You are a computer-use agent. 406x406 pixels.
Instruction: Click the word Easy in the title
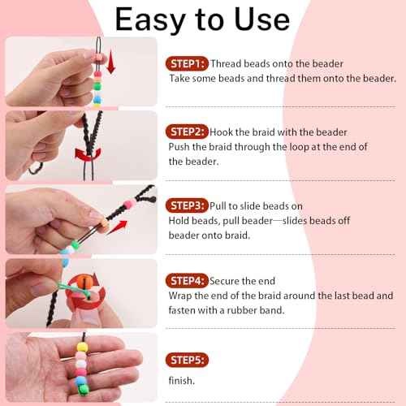(157, 19)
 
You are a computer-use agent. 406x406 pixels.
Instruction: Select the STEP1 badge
(188, 63)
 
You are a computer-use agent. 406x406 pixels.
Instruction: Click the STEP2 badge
(188, 132)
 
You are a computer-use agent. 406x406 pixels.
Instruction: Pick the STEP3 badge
(188, 205)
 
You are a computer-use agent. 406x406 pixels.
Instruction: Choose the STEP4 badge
(188, 281)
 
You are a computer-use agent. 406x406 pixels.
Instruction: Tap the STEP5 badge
(188, 359)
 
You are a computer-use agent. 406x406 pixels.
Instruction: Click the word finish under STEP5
(182, 380)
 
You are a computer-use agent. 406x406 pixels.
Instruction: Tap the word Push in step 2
(181, 147)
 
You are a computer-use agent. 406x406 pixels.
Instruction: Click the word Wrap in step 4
(182, 296)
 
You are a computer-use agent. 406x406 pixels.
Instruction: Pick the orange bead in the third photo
(103, 220)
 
